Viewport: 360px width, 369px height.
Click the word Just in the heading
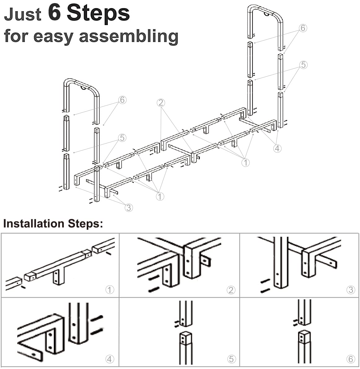tap(23, 14)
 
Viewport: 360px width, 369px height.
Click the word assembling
tap(129, 37)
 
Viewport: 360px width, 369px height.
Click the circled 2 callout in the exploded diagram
tap(161, 102)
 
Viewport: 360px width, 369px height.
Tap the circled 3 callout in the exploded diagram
tap(129, 207)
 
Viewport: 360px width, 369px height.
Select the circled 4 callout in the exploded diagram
tap(277, 148)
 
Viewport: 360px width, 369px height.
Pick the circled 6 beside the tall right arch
tap(303, 28)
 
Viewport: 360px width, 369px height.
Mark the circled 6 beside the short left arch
tap(122, 100)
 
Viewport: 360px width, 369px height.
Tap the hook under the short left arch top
tap(83, 88)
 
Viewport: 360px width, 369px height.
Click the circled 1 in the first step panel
tap(110, 290)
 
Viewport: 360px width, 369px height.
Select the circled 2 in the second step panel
tap(231, 290)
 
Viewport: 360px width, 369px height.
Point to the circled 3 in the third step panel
tap(351, 290)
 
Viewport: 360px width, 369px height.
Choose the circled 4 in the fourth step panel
tap(109, 359)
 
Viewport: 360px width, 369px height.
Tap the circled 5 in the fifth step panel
tap(231, 359)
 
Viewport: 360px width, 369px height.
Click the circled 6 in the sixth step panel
tap(351, 359)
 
